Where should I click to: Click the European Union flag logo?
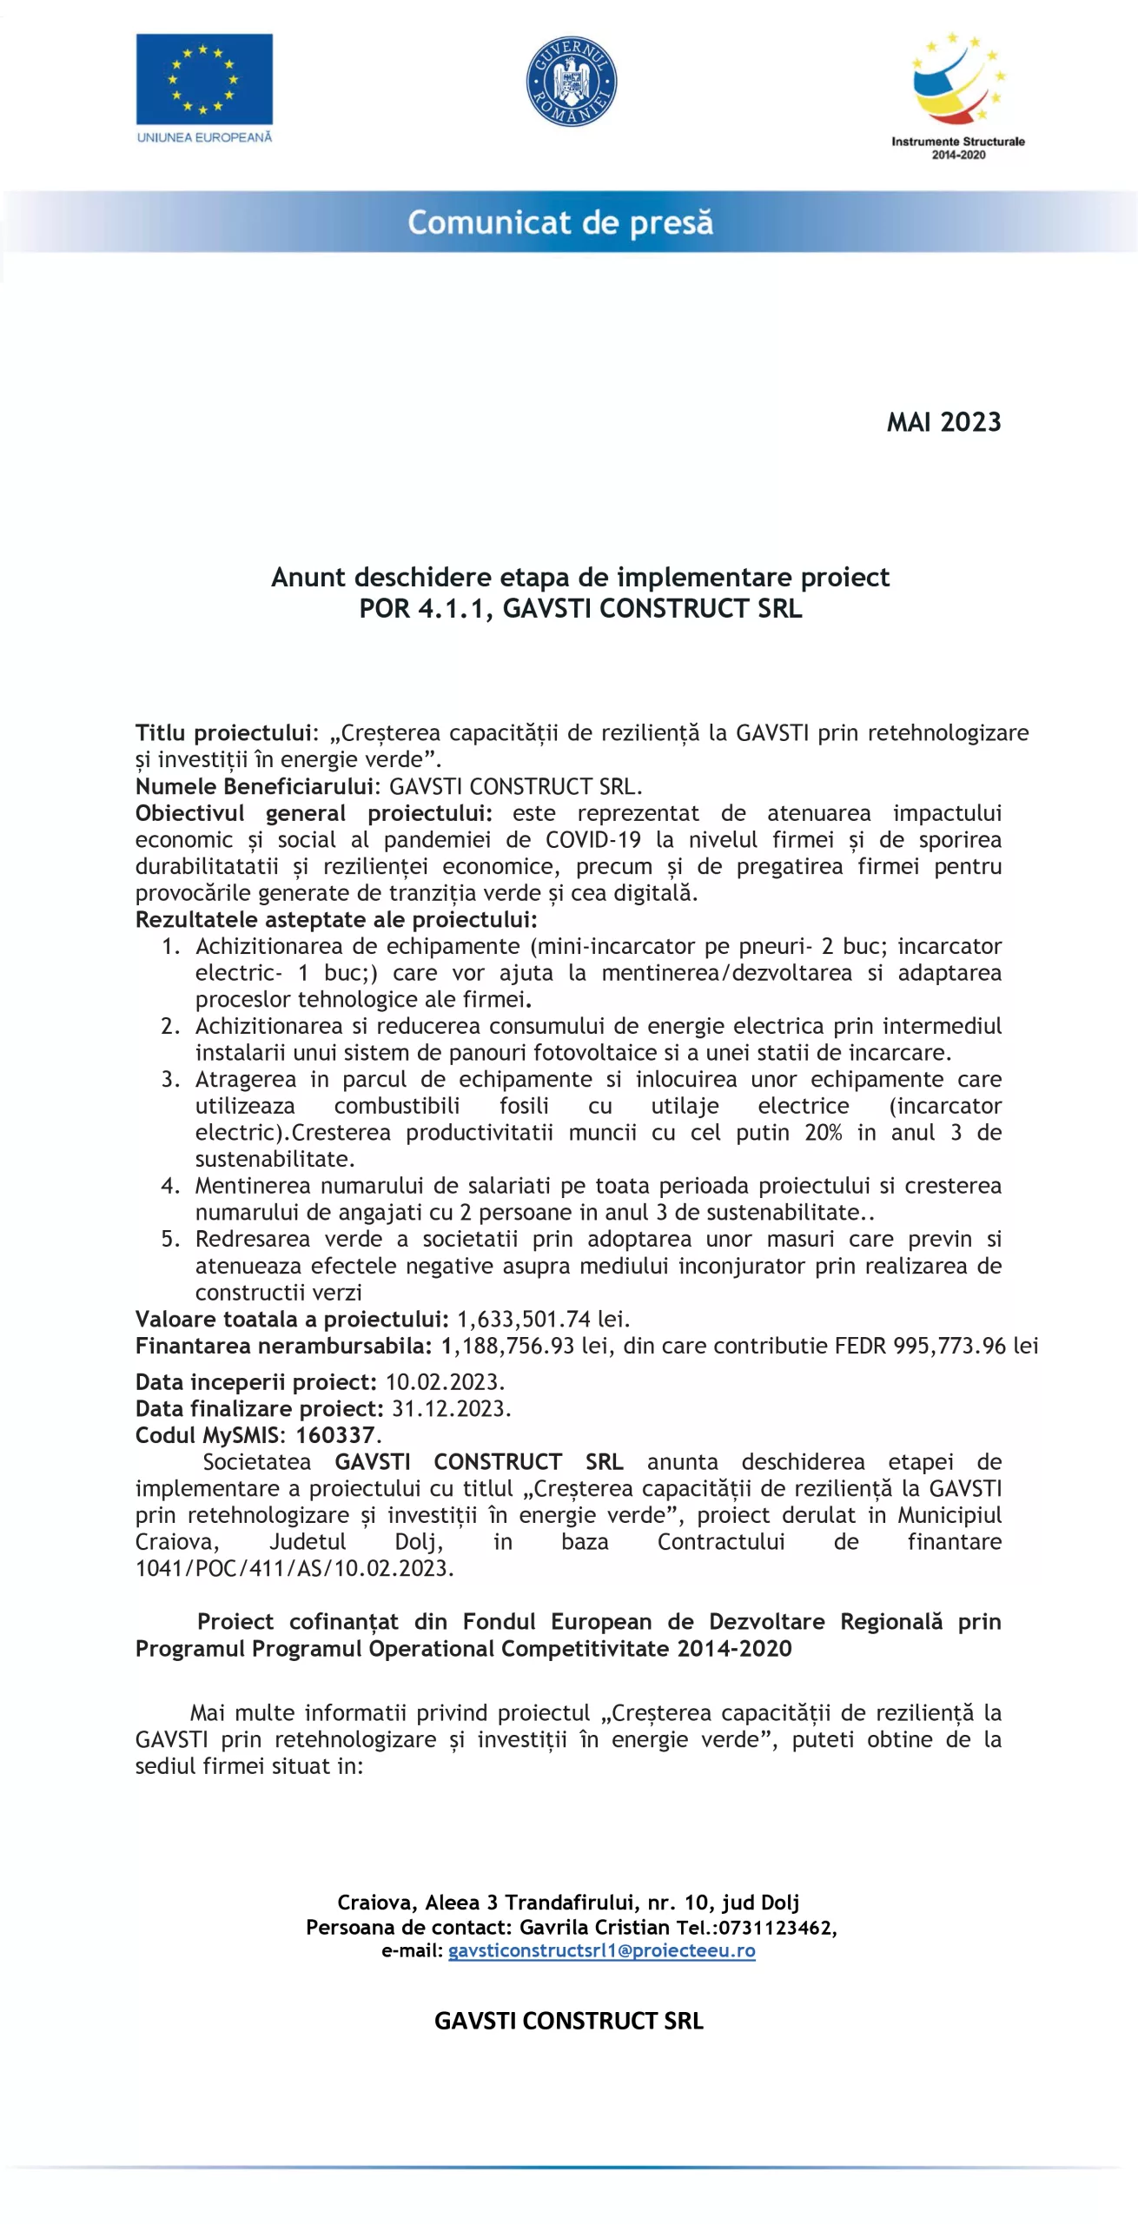tap(204, 79)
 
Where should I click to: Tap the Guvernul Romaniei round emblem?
tap(572, 81)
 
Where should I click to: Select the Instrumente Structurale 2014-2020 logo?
tap(957, 96)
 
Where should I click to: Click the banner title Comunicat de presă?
tap(560, 222)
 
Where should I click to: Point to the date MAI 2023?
tap(943, 422)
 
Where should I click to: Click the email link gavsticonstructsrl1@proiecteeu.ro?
tap(601, 1950)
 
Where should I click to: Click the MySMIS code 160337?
tap(335, 1435)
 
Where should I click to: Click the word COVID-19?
tap(593, 839)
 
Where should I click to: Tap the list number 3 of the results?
tap(170, 1079)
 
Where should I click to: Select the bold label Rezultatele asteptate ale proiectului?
tap(335, 919)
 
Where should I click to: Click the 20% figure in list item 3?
tap(823, 1132)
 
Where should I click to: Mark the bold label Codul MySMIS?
tap(209, 1435)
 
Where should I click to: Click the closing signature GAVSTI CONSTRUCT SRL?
tap(569, 2021)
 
